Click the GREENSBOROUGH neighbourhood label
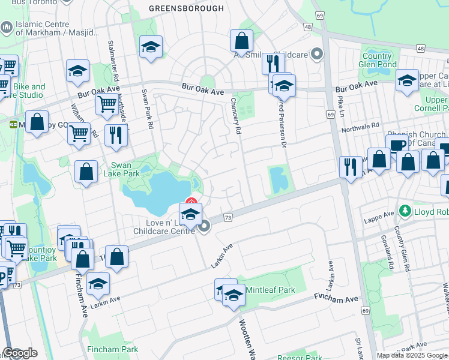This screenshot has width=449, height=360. click(x=186, y=8)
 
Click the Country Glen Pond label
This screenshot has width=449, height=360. click(x=378, y=60)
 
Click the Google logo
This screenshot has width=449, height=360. click(x=20, y=353)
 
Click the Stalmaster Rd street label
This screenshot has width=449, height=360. click(x=111, y=59)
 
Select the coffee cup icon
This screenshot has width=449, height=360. click(x=397, y=145)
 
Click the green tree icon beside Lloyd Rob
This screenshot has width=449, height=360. click(x=404, y=212)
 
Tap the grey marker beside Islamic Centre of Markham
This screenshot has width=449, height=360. click(x=7, y=27)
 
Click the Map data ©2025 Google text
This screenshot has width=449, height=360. click(x=412, y=355)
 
